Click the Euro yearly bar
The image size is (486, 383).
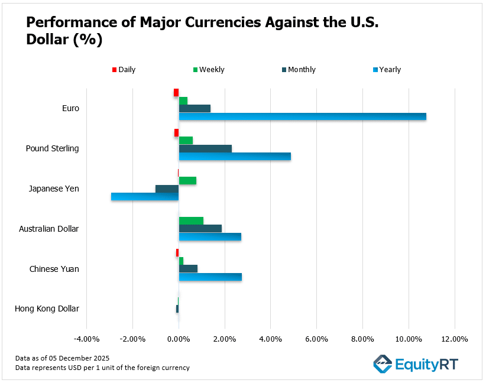point(302,116)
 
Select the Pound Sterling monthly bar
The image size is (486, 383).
point(205,148)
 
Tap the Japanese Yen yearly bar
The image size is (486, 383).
point(145,197)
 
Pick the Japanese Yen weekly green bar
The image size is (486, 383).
point(187,180)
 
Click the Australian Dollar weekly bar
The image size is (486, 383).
point(191,220)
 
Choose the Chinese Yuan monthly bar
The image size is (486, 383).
point(188,269)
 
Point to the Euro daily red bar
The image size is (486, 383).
point(176,92)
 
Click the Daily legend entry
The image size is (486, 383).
point(124,70)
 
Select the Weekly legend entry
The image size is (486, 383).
point(208,70)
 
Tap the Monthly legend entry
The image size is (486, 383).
point(298,70)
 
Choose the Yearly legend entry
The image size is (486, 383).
point(387,70)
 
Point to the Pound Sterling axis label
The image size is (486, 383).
point(52,148)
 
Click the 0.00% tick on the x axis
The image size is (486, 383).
point(178,339)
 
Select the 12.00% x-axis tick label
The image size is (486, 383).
point(454,339)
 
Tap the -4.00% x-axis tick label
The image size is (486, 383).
point(86,339)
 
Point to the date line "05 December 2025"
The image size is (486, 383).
point(63,358)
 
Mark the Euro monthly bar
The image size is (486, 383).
point(195,108)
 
